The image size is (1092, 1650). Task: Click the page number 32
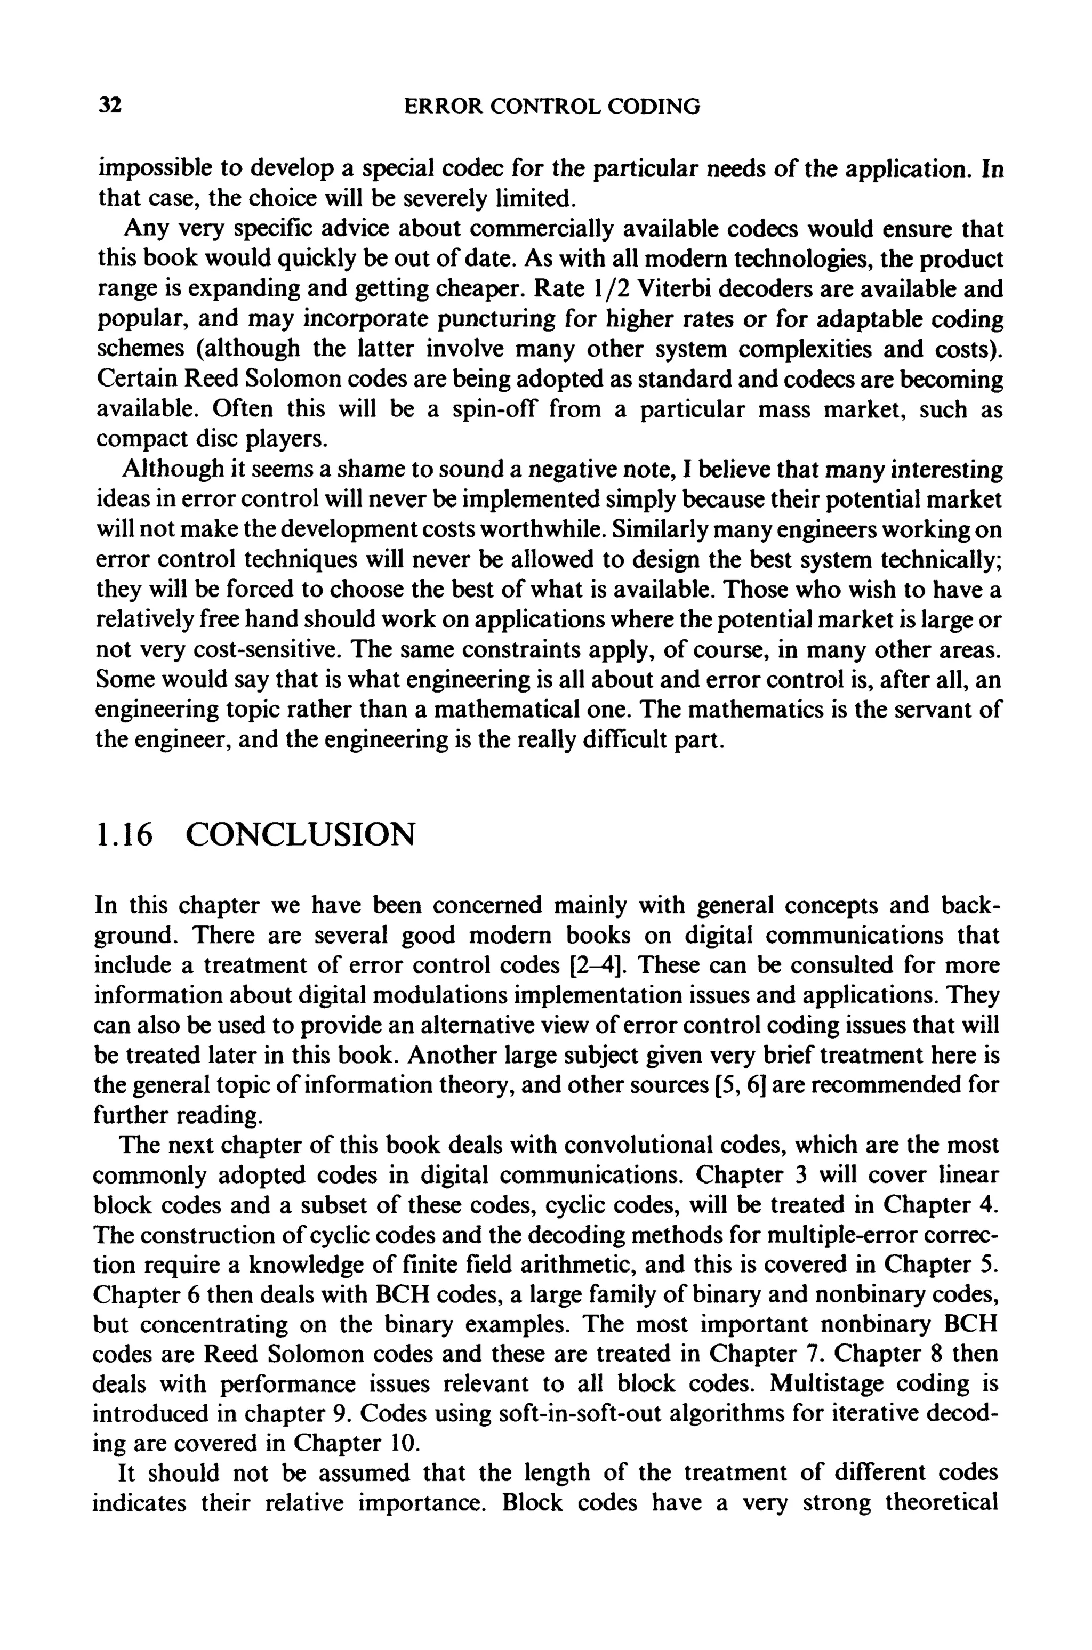(110, 106)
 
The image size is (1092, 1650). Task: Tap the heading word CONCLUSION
(300, 834)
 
